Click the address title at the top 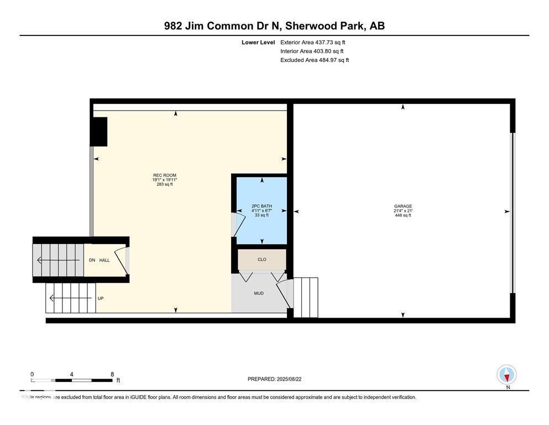pos(274,25)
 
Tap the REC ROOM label pos(164,175)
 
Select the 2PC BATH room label pos(262,206)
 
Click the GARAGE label pos(403,206)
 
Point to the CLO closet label pos(262,259)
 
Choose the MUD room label pos(258,293)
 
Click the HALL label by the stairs pos(104,260)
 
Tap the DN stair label pos(92,260)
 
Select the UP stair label pos(101,298)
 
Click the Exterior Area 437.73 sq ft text pos(313,42)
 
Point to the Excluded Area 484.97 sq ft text pos(315,60)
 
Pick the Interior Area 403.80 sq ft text pos(313,51)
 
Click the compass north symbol pos(507,375)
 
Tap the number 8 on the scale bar pos(112,374)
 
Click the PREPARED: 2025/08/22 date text pos(274,379)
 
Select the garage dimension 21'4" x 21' pos(403,211)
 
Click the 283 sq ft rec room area pos(164,184)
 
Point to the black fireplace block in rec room pos(99,132)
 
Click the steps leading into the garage pos(306,297)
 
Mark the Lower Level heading pos(258,42)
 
